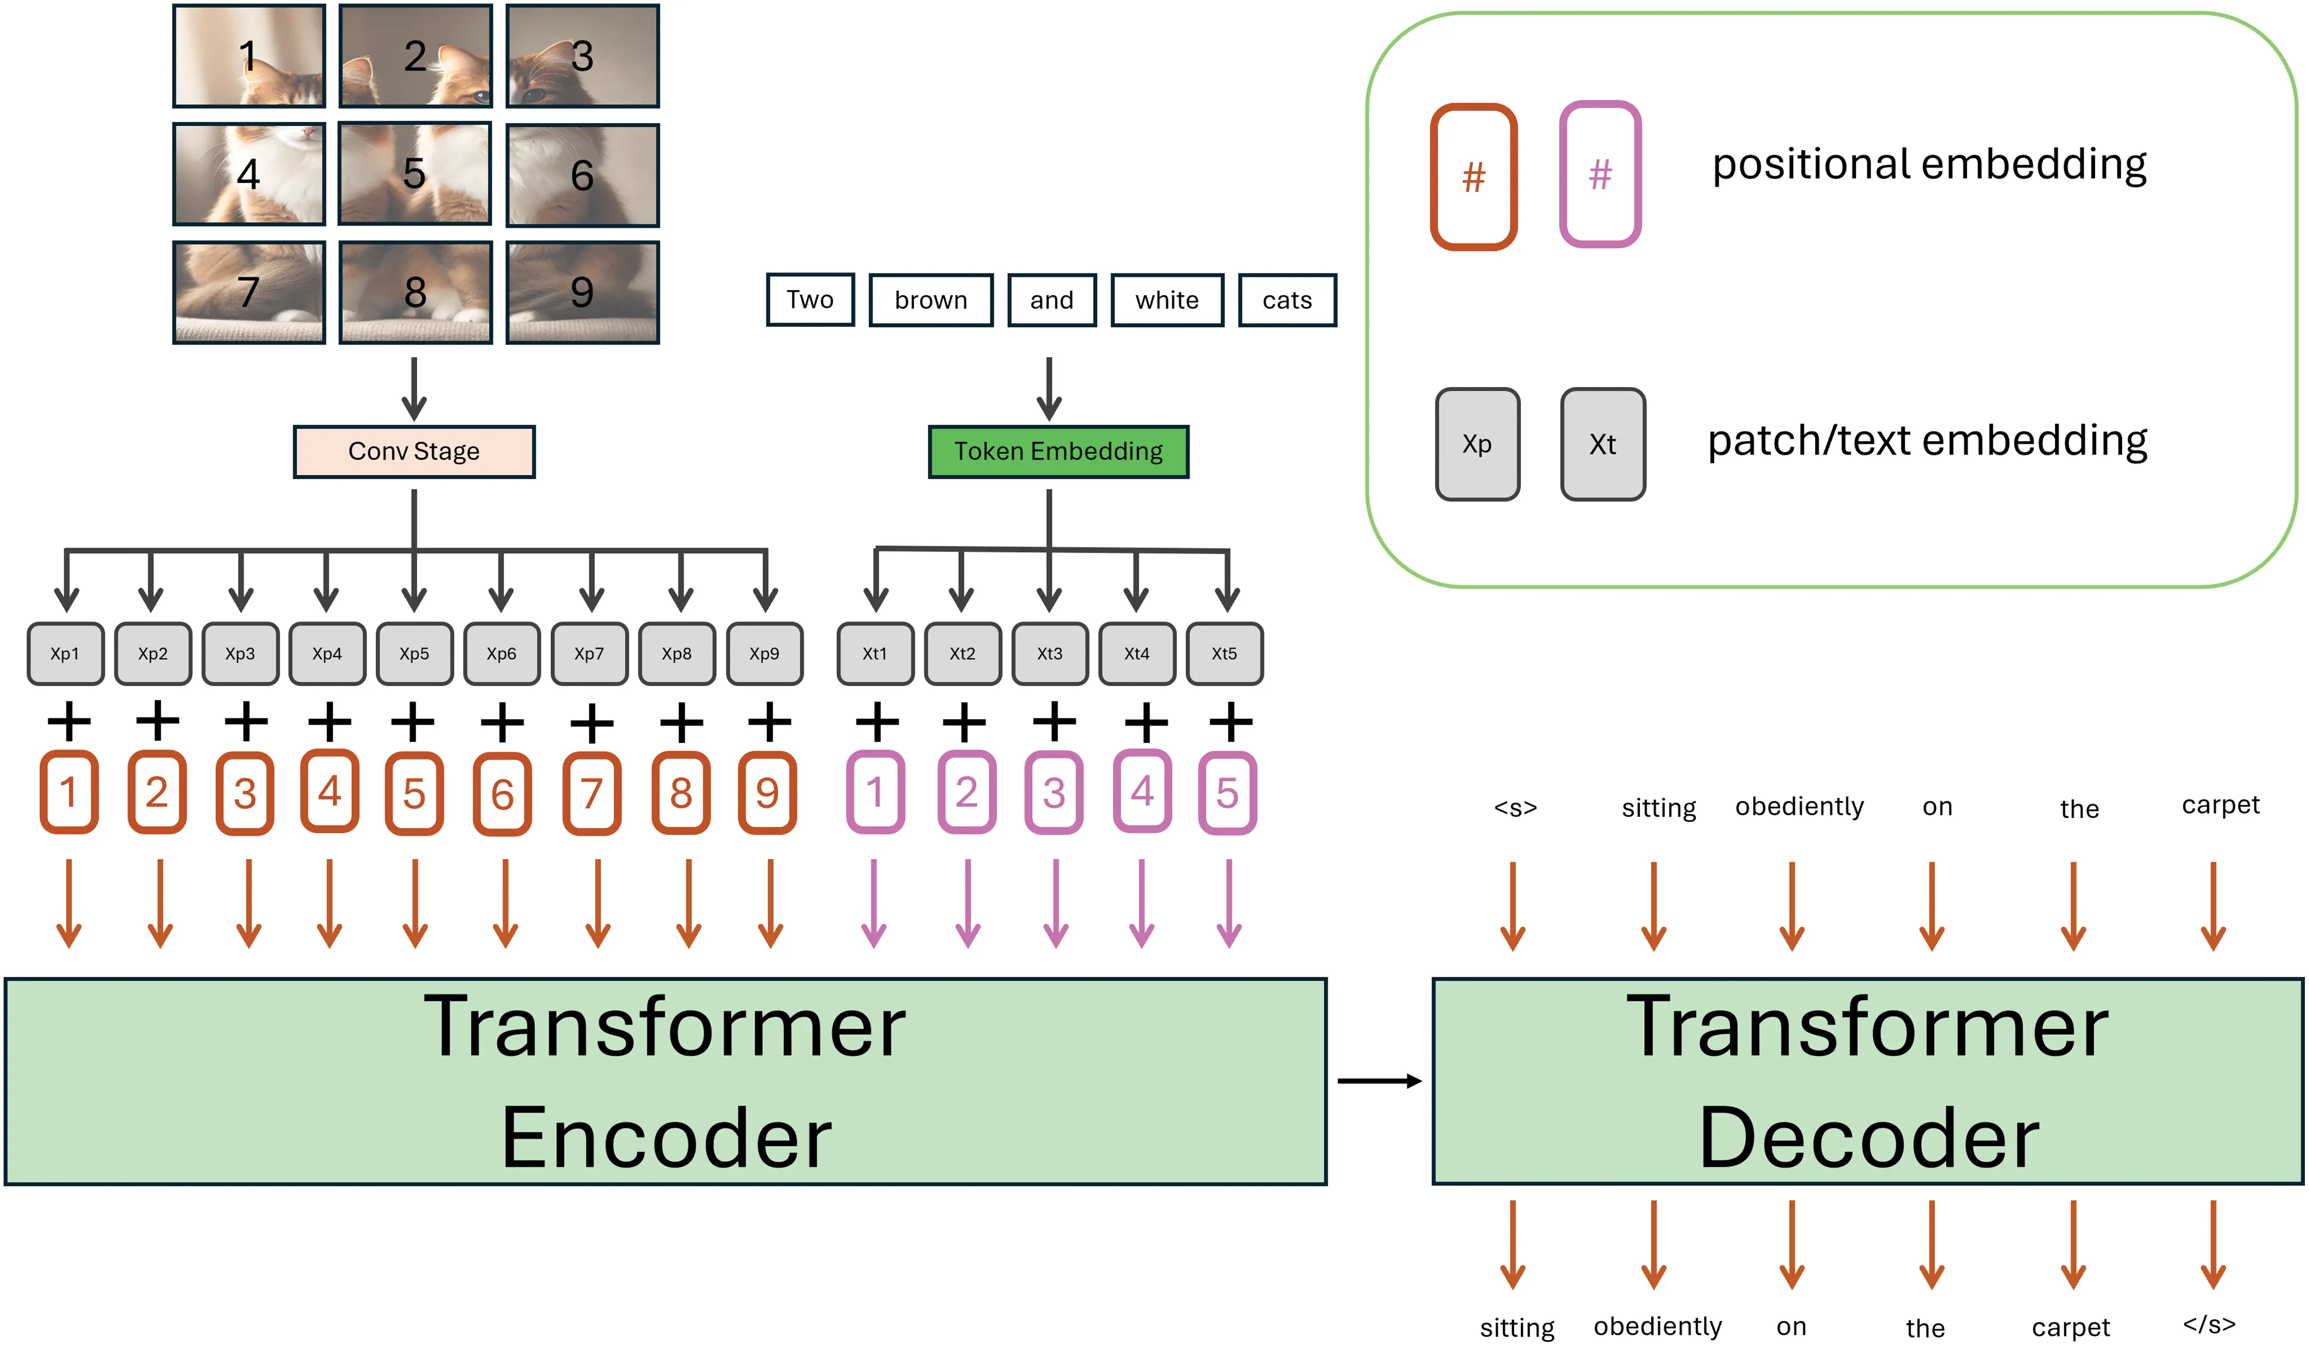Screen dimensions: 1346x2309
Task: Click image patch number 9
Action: pyautogui.click(x=582, y=292)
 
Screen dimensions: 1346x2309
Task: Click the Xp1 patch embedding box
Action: pyautogui.click(x=65, y=653)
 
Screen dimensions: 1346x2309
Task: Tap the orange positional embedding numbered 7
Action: pyautogui.click(x=591, y=793)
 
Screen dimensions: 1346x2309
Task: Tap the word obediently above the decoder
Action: pyautogui.click(x=1799, y=806)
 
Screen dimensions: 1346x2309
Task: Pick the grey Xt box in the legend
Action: pyautogui.click(x=1603, y=444)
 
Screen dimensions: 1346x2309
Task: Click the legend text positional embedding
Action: pyautogui.click(x=1929, y=165)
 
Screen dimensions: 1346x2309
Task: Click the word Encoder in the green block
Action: pyautogui.click(x=666, y=1137)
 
